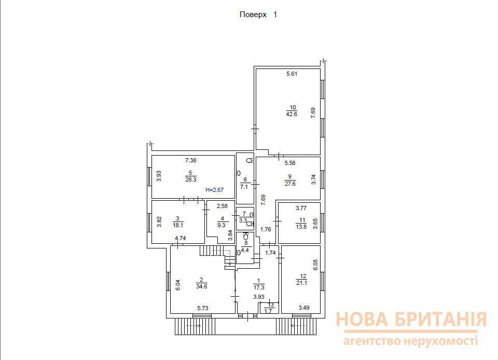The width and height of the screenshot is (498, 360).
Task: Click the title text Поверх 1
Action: pyautogui.click(x=258, y=15)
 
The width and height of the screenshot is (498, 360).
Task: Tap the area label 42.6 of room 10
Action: pyautogui.click(x=292, y=114)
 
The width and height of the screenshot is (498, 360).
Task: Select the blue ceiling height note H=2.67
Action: pyautogui.click(x=214, y=190)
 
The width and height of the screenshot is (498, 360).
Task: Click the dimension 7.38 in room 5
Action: pyautogui.click(x=190, y=160)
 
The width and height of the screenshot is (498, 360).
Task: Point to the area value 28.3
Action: pyautogui.click(x=191, y=179)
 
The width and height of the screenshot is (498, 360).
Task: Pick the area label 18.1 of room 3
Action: pyautogui.click(x=178, y=225)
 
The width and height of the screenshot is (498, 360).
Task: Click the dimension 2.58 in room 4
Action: pyautogui.click(x=222, y=206)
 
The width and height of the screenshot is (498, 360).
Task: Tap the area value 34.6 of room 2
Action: pyautogui.click(x=202, y=286)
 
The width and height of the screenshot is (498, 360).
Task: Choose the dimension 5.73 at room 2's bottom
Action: pyautogui.click(x=203, y=308)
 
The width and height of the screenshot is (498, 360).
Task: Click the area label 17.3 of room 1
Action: pyautogui.click(x=259, y=287)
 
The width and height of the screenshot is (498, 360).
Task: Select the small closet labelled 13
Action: pyautogui.click(x=270, y=308)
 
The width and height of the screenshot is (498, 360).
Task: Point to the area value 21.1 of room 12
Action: pyautogui.click(x=302, y=283)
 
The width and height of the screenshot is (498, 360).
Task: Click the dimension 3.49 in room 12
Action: pyautogui.click(x=304, y=307)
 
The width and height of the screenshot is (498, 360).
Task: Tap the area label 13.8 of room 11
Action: pyautogui.click(x=301, y=227)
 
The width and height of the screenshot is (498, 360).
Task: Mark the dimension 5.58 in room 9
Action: pyautogui.click(x=289, y=163)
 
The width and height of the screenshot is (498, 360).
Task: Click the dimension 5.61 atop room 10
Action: pyautogui.click(x=292, y=74)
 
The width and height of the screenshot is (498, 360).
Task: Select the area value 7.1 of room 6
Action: pyautogui.click(x=244, y=187)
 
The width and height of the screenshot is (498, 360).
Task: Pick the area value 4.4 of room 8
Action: pyautogui.click(x=245, y=250)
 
